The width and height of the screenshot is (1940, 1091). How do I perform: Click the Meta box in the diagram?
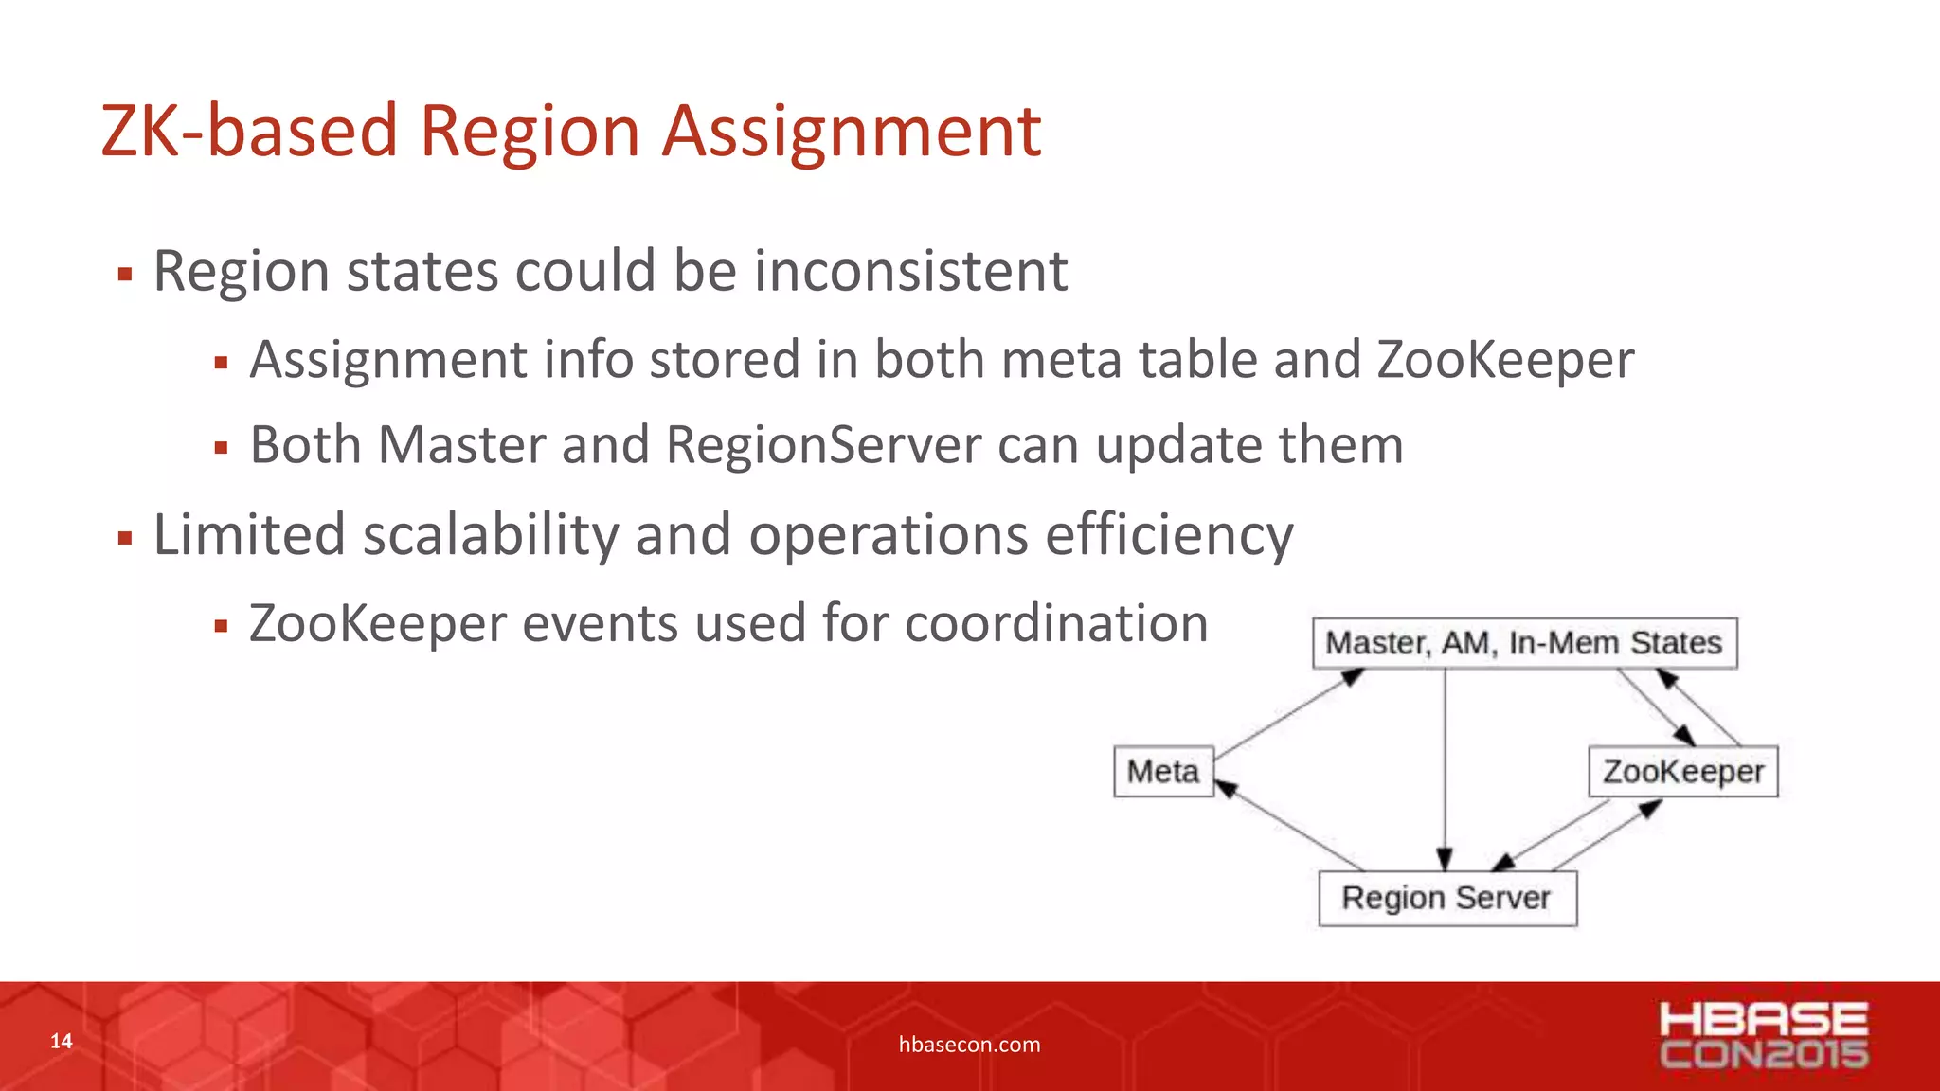[1163, 772]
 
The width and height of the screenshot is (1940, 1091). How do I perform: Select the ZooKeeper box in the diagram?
[1682, 772]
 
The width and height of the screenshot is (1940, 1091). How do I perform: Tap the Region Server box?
[1446, 898]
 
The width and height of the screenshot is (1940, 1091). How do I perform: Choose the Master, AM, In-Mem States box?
[1523, 643]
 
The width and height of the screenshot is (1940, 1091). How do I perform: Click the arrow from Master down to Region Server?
[1445, 767]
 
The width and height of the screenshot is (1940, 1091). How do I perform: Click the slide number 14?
[62, 1042]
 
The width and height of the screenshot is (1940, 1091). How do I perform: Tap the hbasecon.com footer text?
[969, 1045]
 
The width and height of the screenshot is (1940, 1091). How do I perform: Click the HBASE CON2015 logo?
[1764, 1036]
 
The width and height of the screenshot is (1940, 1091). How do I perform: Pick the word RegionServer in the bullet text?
[824, 445]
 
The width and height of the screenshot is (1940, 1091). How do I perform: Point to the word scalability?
[490, 535]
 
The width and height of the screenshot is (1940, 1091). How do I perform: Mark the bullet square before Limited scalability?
[124, 539]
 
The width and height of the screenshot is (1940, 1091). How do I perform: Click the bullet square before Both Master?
[221, 448]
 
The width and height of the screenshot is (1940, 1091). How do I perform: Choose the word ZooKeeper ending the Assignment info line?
[1505, 360]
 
